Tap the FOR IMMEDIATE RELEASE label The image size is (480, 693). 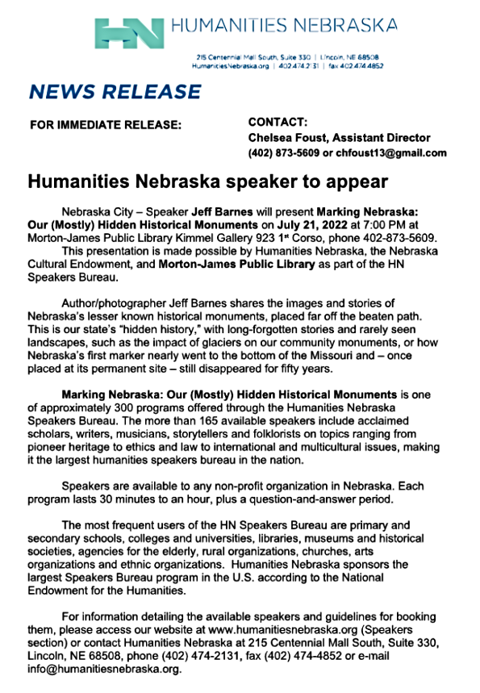(x=106, y=124)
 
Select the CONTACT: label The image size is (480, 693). (x=278, y=123)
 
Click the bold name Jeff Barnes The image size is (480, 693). (x=219, y=212)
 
